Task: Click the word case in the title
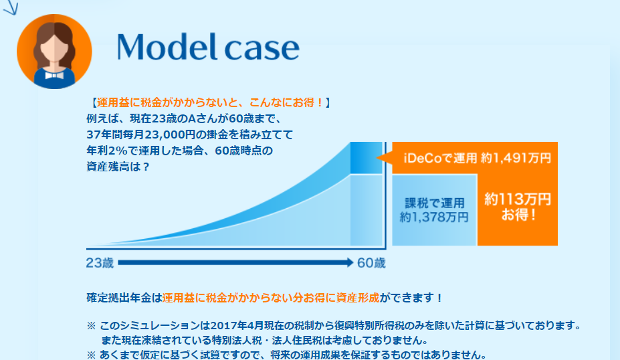262,50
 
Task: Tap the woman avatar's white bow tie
54,75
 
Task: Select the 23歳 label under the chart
100,263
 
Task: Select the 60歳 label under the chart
371,263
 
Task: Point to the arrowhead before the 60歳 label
350,262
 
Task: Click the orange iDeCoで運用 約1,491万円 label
478,158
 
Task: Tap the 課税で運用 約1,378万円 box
434,210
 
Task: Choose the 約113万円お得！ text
518,207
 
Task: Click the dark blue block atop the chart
366,158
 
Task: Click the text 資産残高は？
118,167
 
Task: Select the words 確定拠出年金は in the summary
124,298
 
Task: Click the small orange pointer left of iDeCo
384,158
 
